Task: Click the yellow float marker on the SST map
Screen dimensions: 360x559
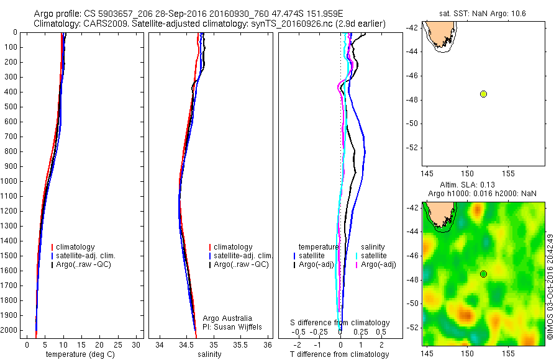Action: coord(483,94)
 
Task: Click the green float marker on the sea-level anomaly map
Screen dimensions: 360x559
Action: coord(483,274)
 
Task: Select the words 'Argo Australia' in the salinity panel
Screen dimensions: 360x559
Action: coord(228,318)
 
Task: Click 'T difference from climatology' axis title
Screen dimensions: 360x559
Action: coord(340,354)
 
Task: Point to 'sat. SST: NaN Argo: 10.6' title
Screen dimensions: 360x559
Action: coord(483,12)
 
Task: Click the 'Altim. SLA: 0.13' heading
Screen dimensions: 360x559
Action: coord(476,184)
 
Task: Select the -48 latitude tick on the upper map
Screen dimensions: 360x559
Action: coord(413,100)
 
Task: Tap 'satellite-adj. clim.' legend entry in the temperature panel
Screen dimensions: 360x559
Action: coord(86,256)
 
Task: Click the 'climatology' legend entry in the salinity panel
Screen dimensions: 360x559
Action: coord(232,247)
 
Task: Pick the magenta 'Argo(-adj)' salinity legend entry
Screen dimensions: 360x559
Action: coord(379,264)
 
